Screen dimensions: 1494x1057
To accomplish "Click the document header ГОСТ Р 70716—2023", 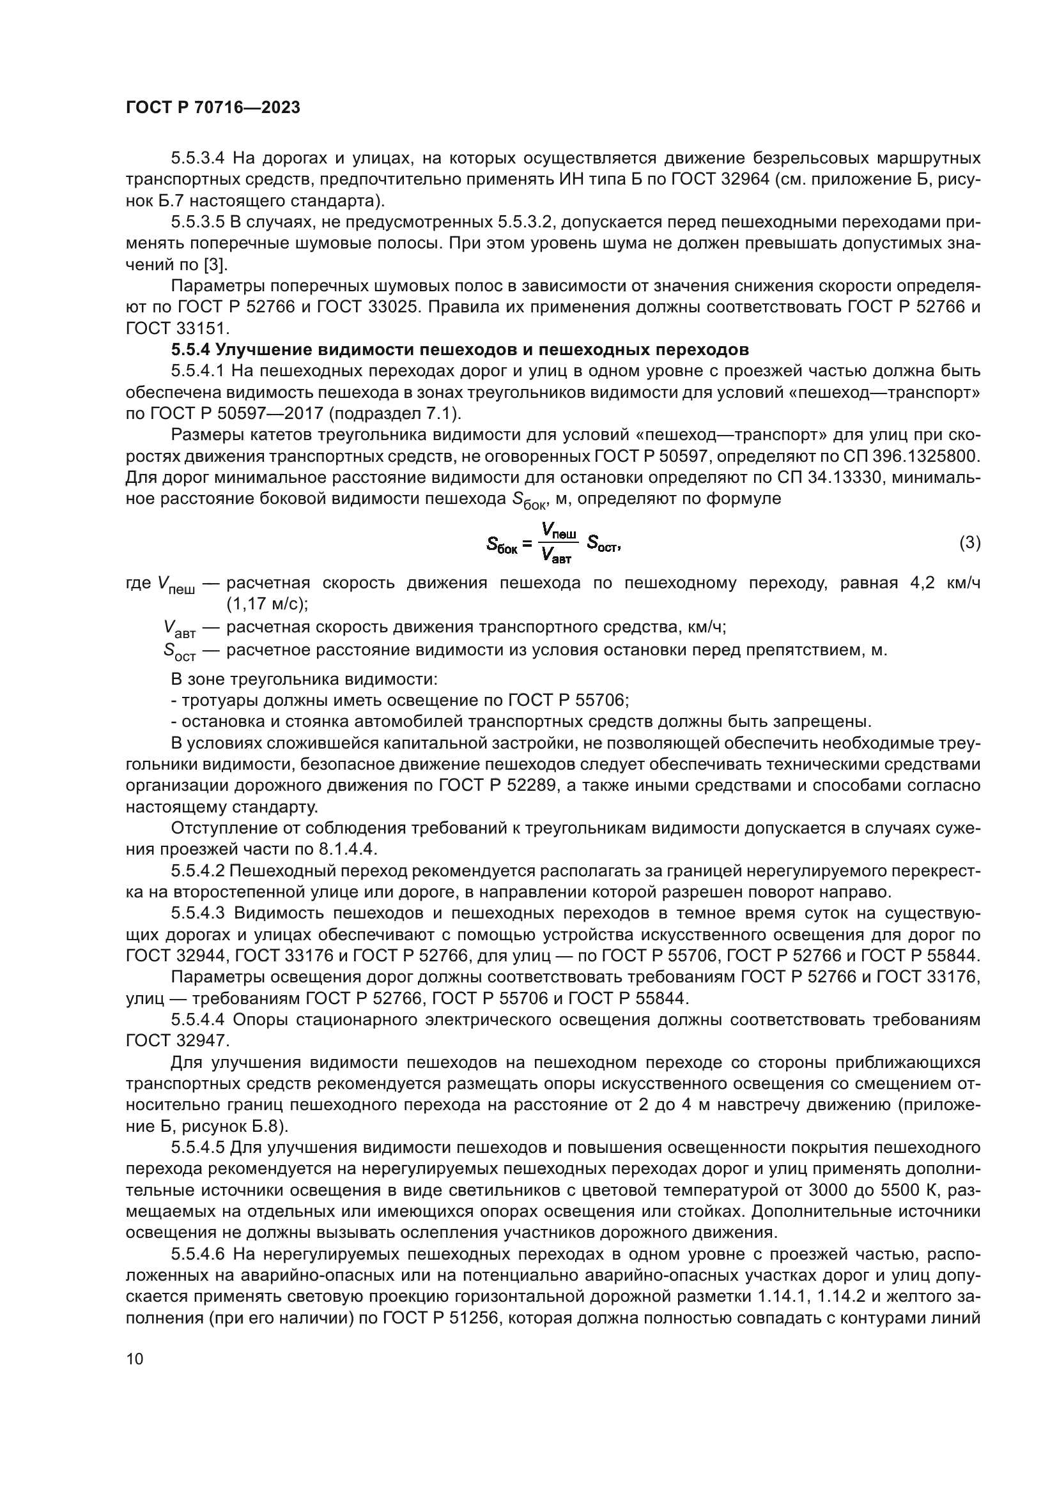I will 213,108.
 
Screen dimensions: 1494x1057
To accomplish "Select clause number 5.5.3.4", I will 198,158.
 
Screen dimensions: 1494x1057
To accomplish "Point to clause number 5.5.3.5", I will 198,222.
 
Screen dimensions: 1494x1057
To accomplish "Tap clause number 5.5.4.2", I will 198,871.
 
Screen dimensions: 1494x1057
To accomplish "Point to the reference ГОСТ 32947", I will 176,1041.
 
